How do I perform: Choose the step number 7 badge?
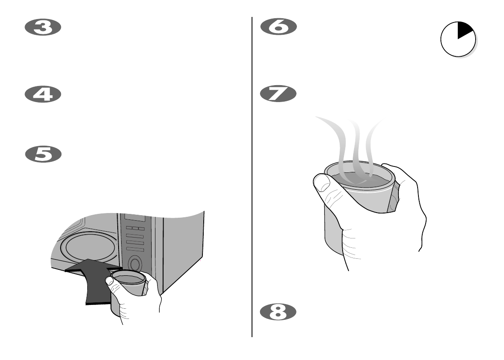pos(278,94)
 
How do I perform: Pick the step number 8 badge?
pos(278,312)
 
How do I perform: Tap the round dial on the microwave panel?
pos(135,264)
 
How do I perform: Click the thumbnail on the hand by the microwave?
pos(109,280)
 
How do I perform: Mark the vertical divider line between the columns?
pos(252,178)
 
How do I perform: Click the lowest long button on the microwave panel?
pos(135,249)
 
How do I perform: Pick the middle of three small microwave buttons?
pos(135,229)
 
